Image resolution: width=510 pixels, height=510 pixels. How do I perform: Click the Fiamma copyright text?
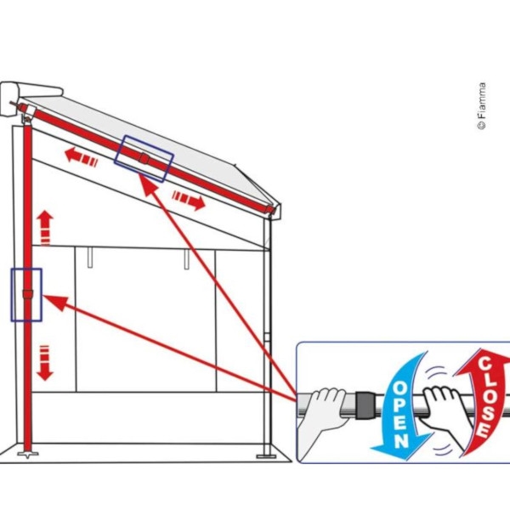coord(482,106)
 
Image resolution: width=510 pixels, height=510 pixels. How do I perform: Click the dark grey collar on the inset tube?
coord(365,405)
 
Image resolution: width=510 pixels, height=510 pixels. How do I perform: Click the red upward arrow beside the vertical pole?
coord(45,227)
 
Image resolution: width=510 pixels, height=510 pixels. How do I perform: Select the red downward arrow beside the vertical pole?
coord(44,363)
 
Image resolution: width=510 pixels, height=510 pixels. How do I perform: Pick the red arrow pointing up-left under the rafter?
coord(81,156)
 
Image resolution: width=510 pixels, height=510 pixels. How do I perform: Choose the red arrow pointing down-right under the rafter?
coord(189,201)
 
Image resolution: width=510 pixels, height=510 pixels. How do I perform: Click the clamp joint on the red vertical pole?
coord(28,294)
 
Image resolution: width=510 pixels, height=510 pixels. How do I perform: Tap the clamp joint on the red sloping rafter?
coord(144,158)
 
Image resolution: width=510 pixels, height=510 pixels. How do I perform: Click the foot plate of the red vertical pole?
coord(28,454)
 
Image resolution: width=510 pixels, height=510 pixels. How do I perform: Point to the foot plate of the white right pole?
coord(266,456)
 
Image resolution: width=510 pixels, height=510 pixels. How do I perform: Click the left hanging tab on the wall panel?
coord(90,258)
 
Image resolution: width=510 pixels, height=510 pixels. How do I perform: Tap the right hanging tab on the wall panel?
coord(187,259)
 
